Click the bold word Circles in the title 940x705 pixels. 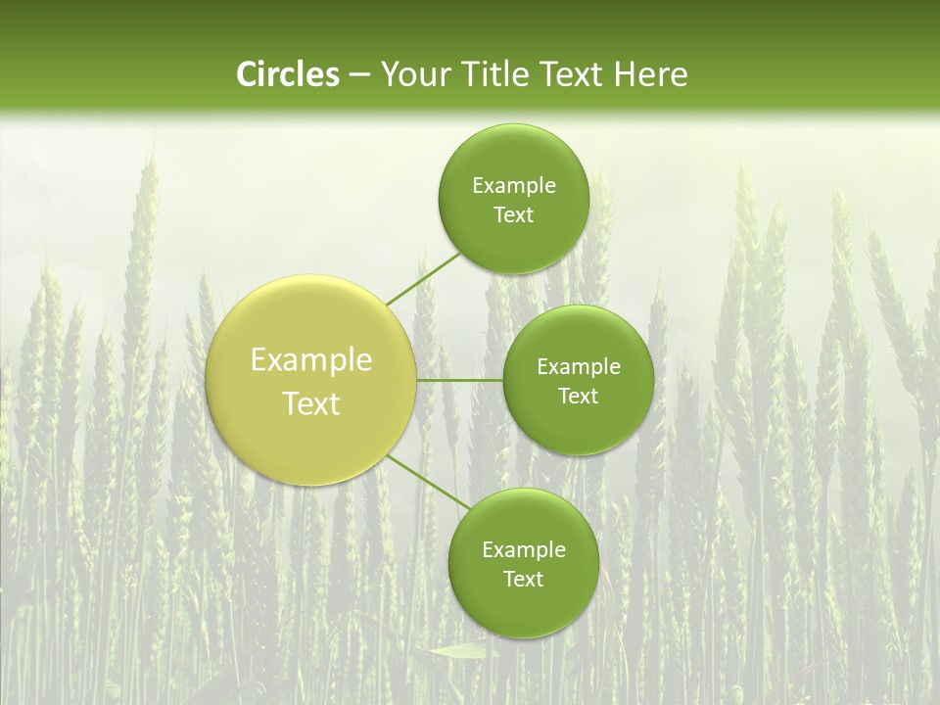[x=287, y=74]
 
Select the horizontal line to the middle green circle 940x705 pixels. [x=459, y=380]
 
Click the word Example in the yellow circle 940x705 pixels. [x=311, y=360]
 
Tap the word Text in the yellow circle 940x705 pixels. [x=311, y=403]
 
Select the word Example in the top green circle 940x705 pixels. [x=514, y=186]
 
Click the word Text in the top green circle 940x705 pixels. [x=513, y=215]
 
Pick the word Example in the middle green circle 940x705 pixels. [x=579, y=367]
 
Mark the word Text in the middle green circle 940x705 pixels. [x=578, y=397]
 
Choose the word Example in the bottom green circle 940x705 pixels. [x=524, y=550]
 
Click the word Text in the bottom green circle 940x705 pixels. [x=523, y=580]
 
